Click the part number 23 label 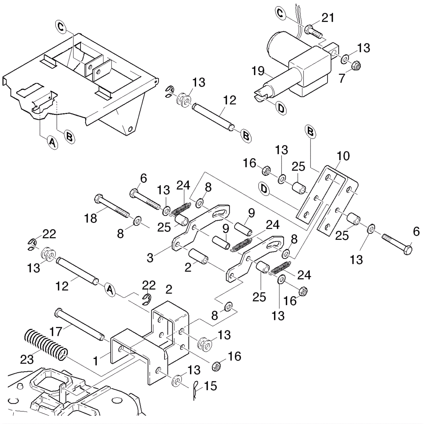[x=27, y=359]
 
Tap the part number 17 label [x=56, y=331]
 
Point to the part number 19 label [x=258, y=71]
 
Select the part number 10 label [x=343, y=156]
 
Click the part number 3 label [x=150, y=258]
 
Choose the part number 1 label [x=96, y=361]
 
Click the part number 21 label [x=328, y=18]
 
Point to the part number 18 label [x=90, y=218]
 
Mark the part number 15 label [x=210, y=386]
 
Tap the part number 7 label [x=342, y=78]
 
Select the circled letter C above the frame [x=61, y=27]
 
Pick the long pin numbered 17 [x=79, y=324]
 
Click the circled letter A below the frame [x=52, y=143]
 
